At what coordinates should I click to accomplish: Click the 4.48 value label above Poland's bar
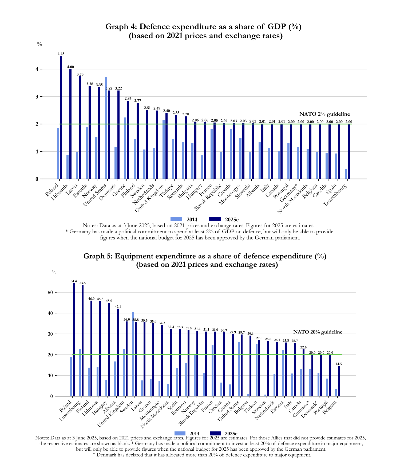[61, 54]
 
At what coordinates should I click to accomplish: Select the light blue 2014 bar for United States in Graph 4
[106, 128]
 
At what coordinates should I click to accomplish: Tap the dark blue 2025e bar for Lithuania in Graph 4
[70, 124]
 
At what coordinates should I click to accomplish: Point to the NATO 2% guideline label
[324, 114]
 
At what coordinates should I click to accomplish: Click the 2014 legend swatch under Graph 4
[176, 219]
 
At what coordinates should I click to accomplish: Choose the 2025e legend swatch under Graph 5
[216, 433]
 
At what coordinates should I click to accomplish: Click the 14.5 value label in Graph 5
[339, 364]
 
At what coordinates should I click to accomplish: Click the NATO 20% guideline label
[318, 332]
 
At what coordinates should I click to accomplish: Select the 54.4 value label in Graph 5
[74, 281]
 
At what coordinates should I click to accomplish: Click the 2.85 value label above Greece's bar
[128, 99]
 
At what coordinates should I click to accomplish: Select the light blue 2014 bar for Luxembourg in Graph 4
[346, 174]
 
